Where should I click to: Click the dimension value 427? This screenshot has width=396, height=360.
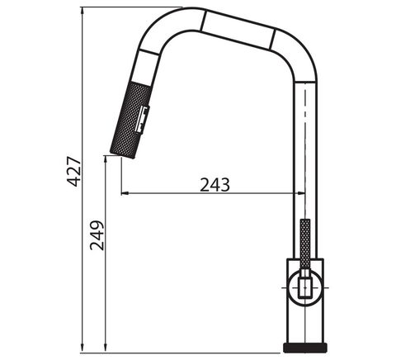click(x=73, y=172)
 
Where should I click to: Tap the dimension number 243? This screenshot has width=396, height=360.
click(x=214, y=185)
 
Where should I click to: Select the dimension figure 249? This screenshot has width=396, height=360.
click(x=97, y=235)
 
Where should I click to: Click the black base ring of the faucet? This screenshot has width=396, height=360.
click(x=305, y=348)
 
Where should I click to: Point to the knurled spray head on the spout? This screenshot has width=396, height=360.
click(x=130, y=120)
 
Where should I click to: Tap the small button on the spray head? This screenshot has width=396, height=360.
click(x=143, y=120)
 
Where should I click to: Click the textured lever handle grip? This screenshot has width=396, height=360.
click(x=305, y=244)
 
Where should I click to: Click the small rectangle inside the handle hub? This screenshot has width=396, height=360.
click(x=305, y=287)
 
